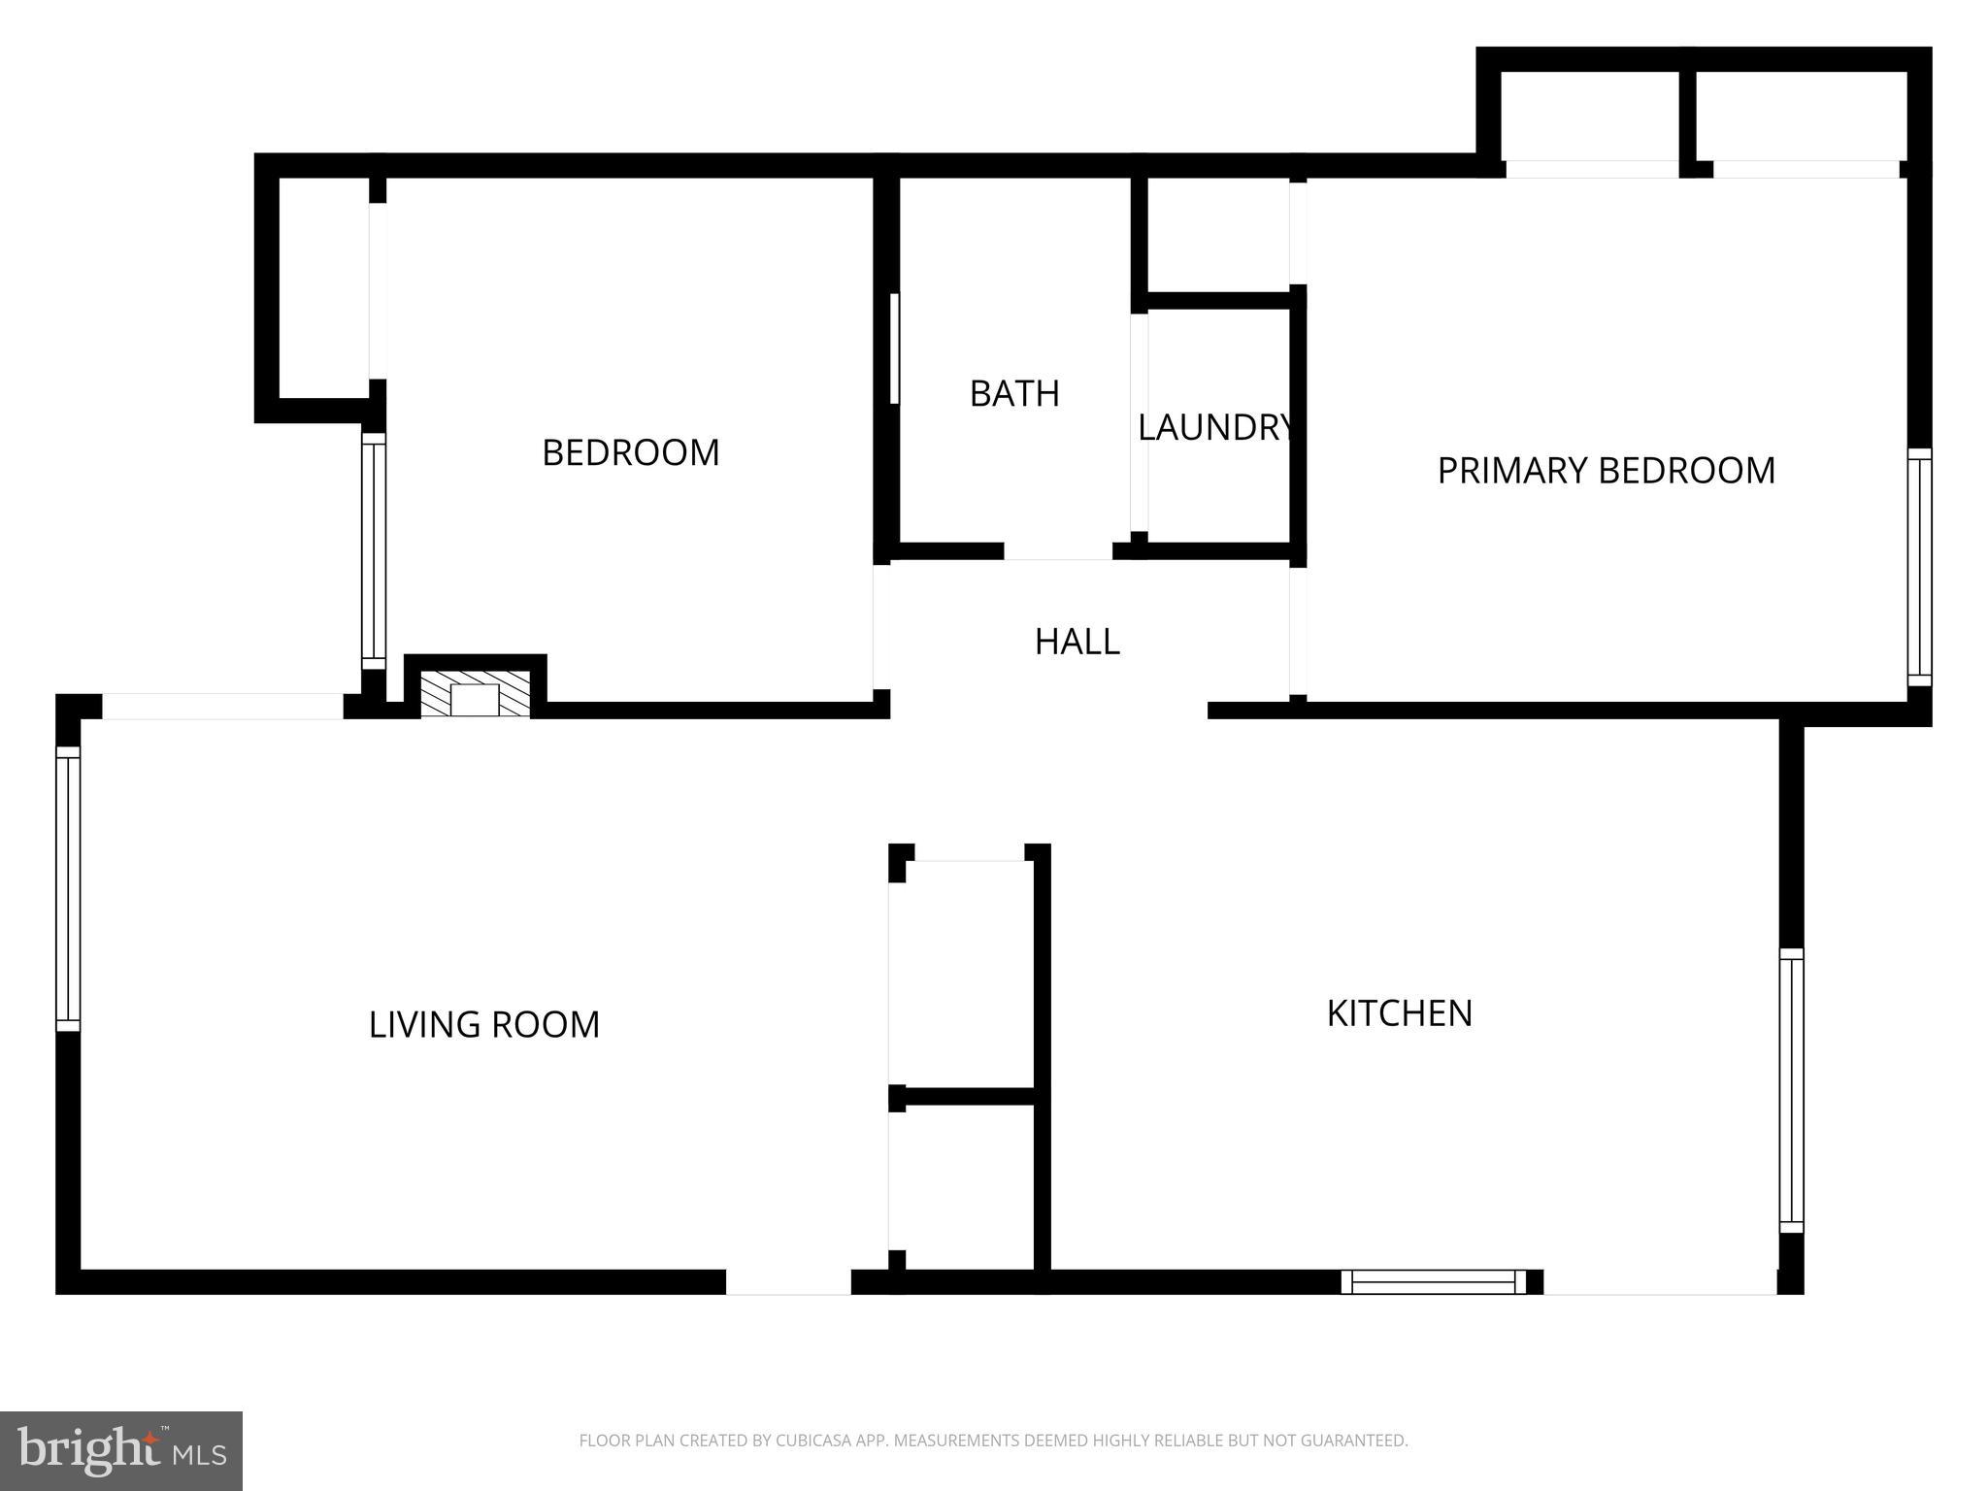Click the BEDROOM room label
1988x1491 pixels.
pos(630,453)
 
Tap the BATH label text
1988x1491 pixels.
pos(1014,394)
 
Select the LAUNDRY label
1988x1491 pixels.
pos(1215,428)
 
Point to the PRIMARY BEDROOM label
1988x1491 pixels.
pos(1606,471)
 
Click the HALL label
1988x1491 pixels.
pos(1077,642)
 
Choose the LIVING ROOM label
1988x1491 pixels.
pos(483,1025)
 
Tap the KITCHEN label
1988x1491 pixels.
pos(1399,1013)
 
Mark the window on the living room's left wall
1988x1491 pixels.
pos(68,889)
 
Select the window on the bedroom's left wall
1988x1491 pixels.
pos(374,550)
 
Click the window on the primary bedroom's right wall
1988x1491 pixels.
pos(1919,567)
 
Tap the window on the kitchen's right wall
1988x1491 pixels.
pos(1791,1090)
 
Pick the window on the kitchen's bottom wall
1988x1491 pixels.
pos(1433,1282)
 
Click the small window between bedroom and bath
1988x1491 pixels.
pos(894,348)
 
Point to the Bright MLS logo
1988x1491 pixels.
pos(121,1450)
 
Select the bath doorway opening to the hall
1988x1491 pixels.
pos(1057,551)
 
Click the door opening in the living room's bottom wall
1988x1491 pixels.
pos(788,1282)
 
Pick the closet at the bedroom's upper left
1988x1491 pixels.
pos(323,288)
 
